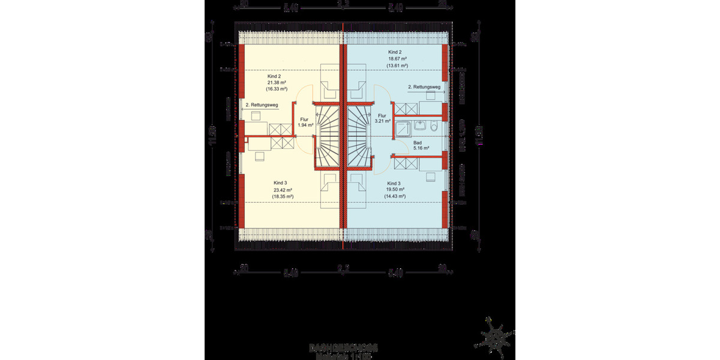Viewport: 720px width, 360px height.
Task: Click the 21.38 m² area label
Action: pyautogui.click(x=277, y=83)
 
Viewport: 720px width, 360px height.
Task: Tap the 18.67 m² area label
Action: pyautogui.click(x=397, y=59)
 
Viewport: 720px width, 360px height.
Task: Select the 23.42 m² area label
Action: pyautogui.click(x=282, y=190)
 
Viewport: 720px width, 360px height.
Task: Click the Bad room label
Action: pyautogui.click(x=418, y=142)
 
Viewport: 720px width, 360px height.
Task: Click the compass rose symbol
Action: pyautogui.click(x=497, y=337)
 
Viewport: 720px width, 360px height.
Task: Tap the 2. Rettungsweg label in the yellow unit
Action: pyautogui.click(x=262, y=106)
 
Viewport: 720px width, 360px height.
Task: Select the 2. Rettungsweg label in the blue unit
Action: pyautogui.click(x=425, y=88)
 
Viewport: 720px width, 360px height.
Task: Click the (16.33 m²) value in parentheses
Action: pyautogui.click(x=277, y=89)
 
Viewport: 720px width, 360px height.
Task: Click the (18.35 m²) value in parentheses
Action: pyautogui.click(x=282, y=196)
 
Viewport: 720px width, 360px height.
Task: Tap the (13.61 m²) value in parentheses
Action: pyautogui.click(x=397, y=65)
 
